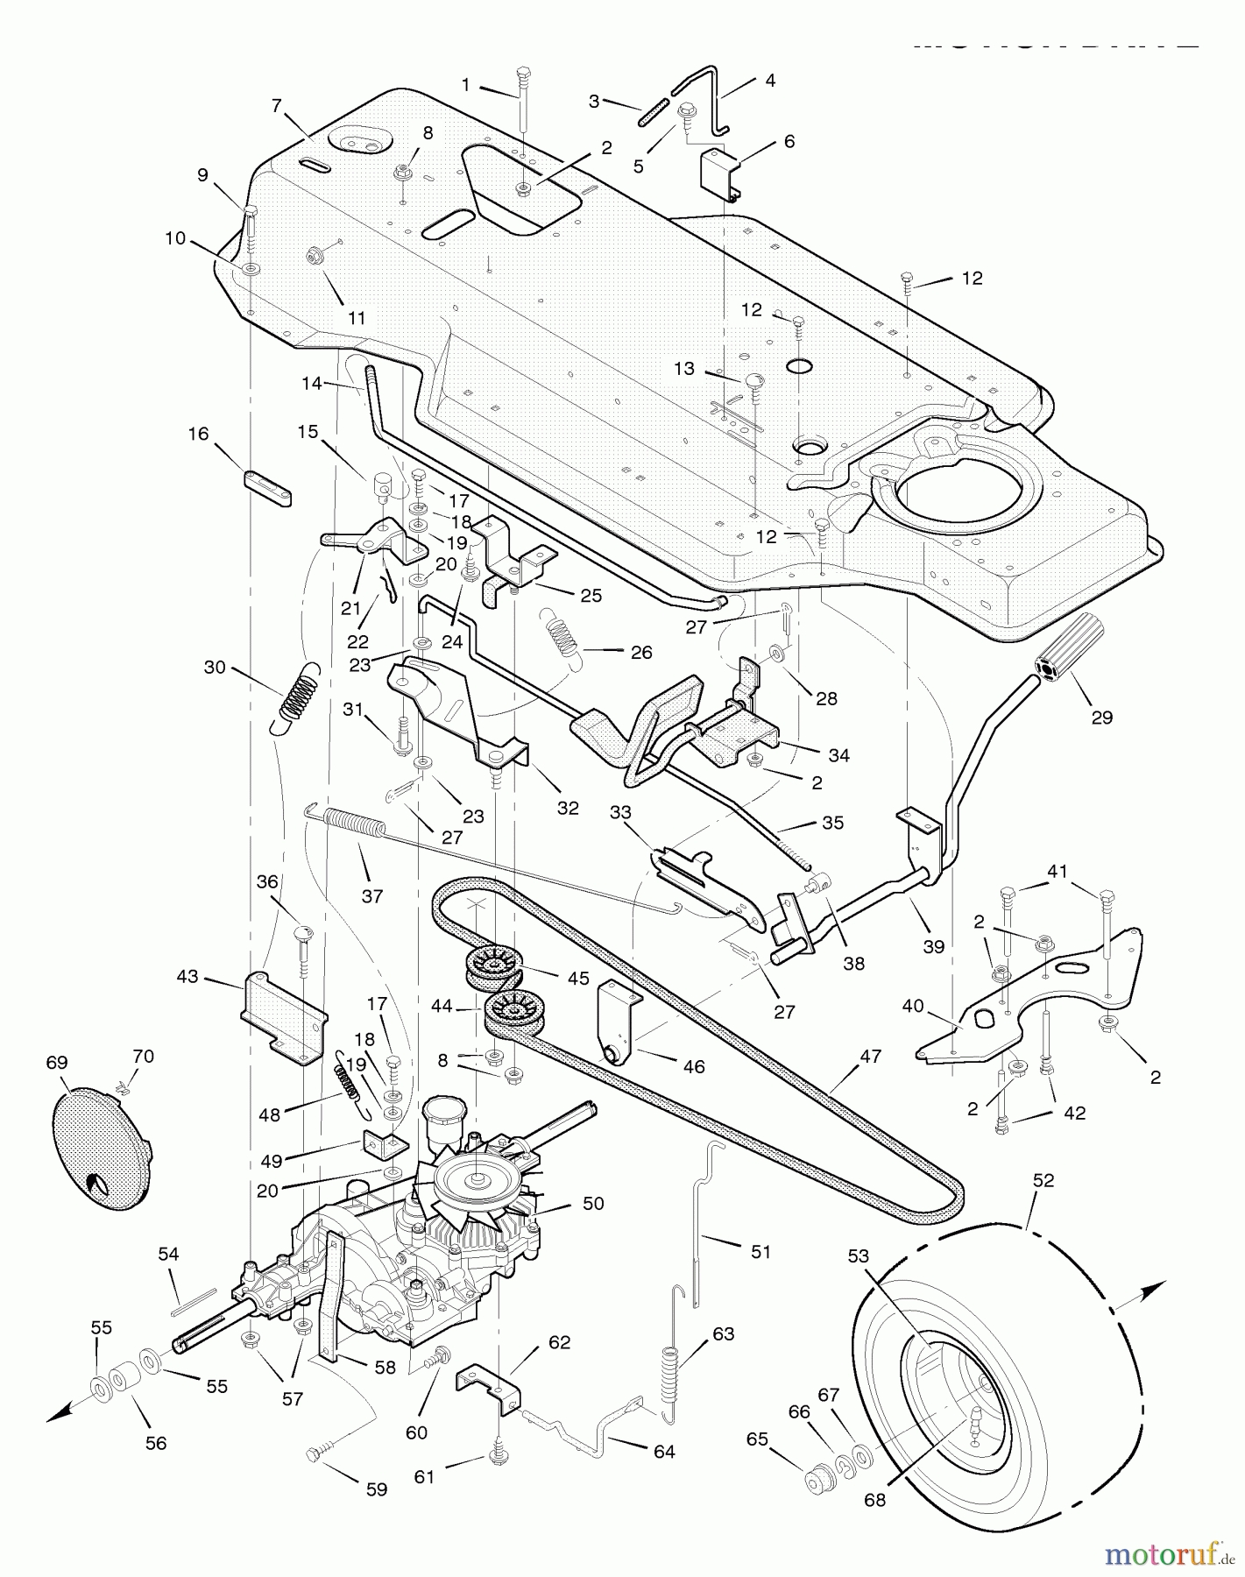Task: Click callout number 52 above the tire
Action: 1043,1181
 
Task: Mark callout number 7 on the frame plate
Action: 277,106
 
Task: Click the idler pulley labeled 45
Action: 492,967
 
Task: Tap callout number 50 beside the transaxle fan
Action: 593,1204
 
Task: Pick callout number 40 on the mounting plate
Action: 913,1006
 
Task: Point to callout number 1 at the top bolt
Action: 465,85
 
